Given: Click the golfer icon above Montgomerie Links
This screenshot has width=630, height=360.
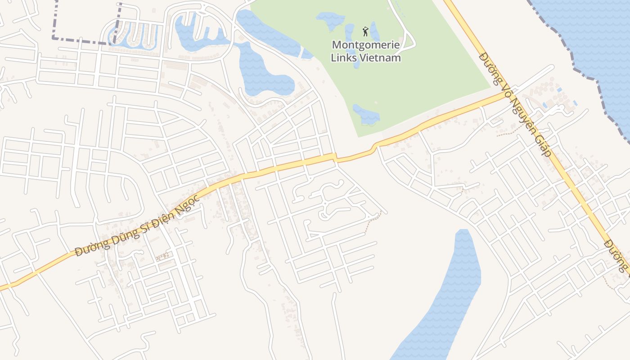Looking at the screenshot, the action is (x=365, y=31).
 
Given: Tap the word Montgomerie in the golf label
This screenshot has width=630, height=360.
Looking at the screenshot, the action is (x=365, y=45).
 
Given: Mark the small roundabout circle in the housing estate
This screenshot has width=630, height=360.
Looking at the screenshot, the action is (x=325, y=204).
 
